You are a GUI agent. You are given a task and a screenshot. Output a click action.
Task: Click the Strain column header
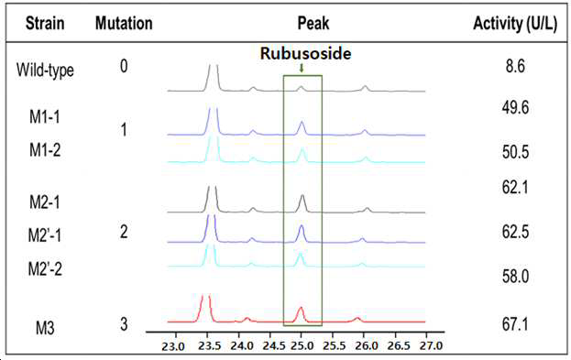45,23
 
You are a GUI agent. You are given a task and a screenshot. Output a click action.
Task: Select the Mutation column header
124,23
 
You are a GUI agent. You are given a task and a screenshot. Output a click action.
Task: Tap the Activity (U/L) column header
515,24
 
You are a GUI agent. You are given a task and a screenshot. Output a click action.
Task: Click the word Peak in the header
313,23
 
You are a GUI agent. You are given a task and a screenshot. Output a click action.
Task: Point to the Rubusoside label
305,53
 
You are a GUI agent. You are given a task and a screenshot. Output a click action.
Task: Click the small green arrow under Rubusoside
302,68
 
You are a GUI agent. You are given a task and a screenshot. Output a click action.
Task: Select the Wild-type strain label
45,70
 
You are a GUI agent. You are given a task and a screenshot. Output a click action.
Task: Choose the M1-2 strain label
45,149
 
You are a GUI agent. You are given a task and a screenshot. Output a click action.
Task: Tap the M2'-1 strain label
45,235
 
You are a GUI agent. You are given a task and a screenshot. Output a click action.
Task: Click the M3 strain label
45,328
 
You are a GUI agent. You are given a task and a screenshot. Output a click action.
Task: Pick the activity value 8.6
515,66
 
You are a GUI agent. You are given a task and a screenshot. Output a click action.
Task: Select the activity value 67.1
515,324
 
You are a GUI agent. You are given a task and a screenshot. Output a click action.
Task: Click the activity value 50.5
515,152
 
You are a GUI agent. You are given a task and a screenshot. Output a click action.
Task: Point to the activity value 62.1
515,188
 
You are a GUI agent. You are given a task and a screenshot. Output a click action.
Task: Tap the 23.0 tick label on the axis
173,346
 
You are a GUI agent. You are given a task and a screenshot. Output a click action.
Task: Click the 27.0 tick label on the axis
431,345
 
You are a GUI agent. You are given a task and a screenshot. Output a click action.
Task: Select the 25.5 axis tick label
335,345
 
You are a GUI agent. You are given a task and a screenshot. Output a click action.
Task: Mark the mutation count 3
124,324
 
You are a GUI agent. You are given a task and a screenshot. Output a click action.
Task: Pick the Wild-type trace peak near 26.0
366,89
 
